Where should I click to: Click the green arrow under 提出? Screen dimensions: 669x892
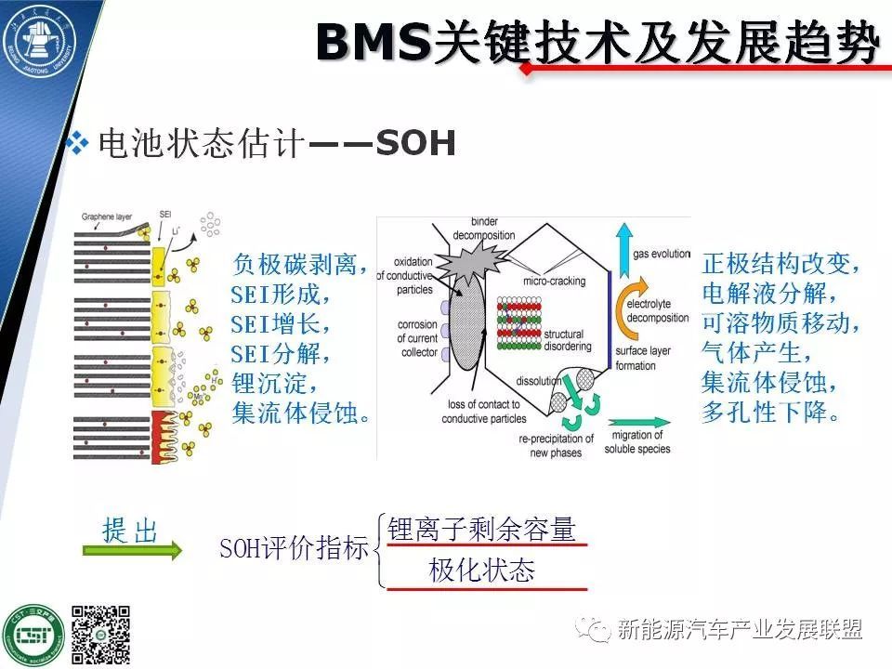131,551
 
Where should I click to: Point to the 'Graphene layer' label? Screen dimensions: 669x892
107,216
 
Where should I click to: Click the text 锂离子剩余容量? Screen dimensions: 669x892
481,529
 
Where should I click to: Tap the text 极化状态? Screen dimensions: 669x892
481,571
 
